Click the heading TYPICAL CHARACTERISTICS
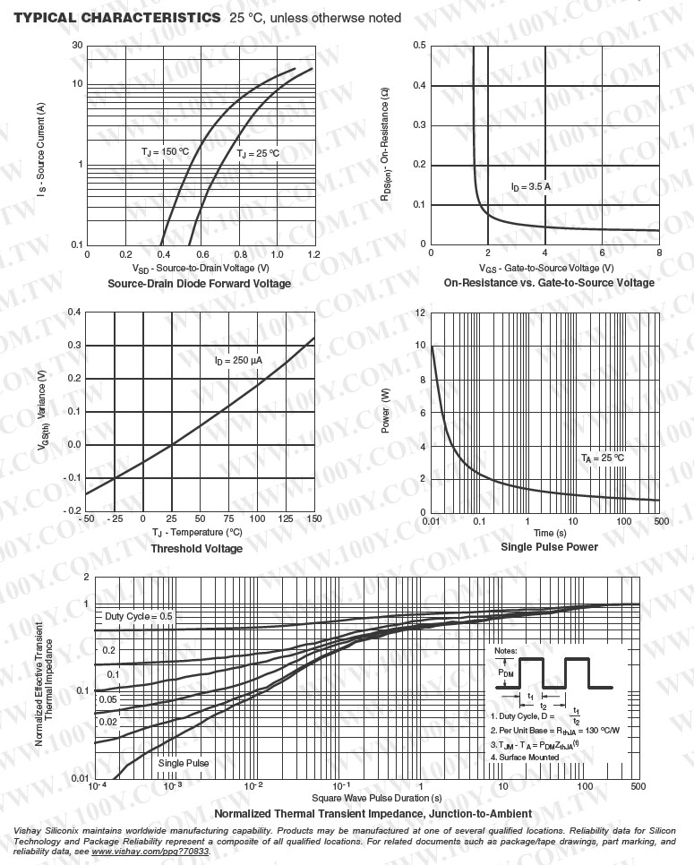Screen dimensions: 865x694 pos(116,18)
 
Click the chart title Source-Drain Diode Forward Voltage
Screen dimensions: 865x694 pos(199,284)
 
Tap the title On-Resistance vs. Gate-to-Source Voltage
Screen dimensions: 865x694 pos(549,283)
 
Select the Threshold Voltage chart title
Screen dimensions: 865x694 pos(196,548)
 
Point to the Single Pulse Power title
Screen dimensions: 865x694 pos(549,546)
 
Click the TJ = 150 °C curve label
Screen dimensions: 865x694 pos(166,152)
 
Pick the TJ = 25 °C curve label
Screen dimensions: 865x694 pos(258,154)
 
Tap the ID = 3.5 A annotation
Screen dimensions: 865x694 pos(531,187)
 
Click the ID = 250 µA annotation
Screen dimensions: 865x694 pos(238,361)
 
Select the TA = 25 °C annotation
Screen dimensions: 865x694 pos(602,458)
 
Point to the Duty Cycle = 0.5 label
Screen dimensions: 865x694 pos(139,617)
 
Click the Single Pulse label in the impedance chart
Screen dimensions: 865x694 pos(184,763)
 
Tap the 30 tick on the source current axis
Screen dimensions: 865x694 pos(78,46)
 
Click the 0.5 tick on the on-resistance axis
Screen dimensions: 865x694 pos(419,46)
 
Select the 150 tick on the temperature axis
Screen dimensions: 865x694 pos(313,519)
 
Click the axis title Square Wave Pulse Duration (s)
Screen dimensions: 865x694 pos(377,797)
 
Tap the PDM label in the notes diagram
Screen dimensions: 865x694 pos(506,671)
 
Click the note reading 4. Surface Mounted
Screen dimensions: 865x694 pos(525,757)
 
